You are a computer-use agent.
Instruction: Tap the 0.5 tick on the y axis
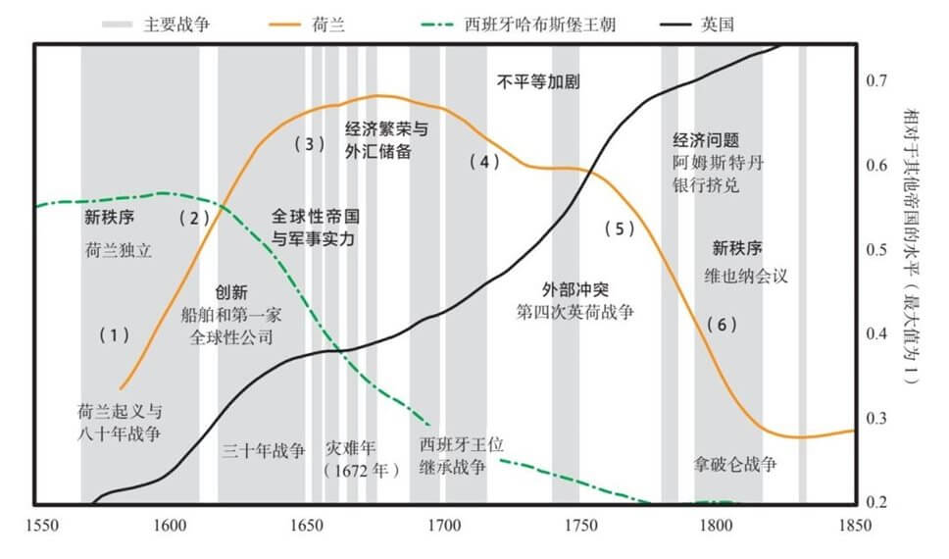tap(878, 250)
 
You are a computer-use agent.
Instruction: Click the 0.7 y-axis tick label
tap(878, 80)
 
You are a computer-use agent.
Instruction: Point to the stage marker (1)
tap(114, 335)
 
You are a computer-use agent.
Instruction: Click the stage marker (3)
tap(309, 144)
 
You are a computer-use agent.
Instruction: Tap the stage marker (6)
tap(721, 325)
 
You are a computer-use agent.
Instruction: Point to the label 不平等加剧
tap(538, 82)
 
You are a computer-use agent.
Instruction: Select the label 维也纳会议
tap(746, 276)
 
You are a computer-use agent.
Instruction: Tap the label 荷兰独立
tap(120, 250)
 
